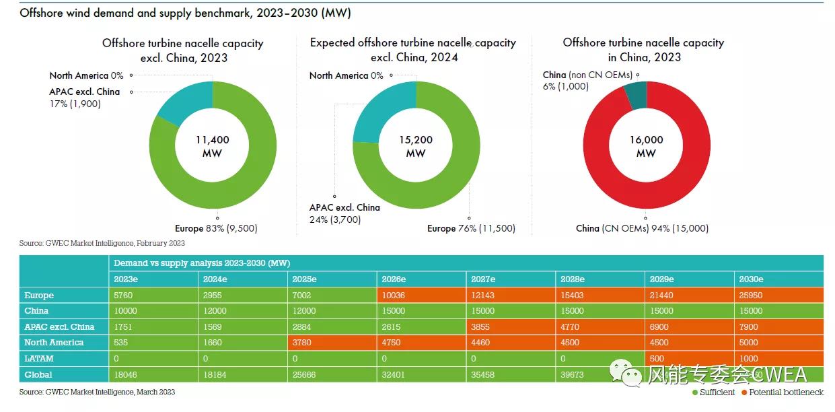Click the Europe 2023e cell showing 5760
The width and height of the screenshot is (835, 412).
[x=153, y=296]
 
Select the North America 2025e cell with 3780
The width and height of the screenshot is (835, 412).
[x=332, y=343]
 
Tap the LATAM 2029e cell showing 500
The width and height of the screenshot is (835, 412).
[x=689, y=359]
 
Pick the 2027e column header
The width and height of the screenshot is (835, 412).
[x=511, y=279]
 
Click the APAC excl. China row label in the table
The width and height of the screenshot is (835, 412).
[x=59, y=327]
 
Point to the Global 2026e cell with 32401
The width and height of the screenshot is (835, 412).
[x=421, y=375]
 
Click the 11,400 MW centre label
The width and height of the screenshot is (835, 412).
[x=213, y=146]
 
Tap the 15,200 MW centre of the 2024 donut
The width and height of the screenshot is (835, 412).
[x=416, y=146]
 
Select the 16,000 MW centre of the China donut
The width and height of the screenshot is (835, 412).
[x=646, y=146]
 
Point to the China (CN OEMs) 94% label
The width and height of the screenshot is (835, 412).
[x=642, y=229]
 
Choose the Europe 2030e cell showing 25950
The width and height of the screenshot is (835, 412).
[x=778, y=296]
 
